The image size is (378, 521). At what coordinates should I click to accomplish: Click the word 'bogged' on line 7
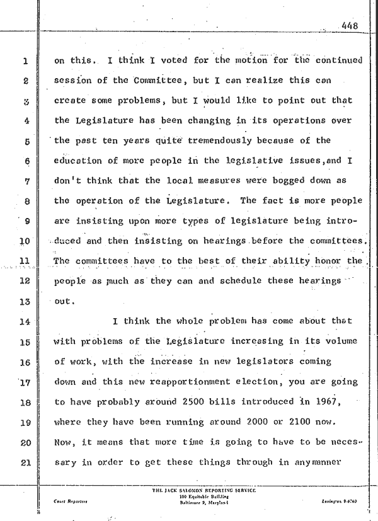tap(269, 181)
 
